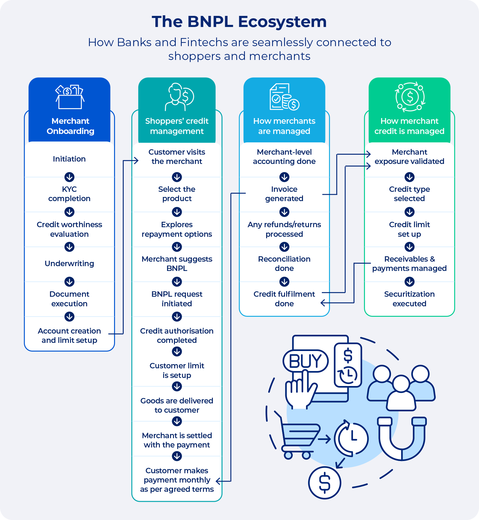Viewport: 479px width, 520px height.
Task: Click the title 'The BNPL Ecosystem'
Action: pyautogui.click(x=239, y=22)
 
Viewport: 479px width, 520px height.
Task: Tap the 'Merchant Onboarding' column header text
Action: pyautogui.click(x=70, y=126)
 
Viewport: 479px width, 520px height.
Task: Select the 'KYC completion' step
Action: pyautogui.click(x=69, y=194)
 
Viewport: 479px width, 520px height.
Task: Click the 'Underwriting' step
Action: pyautogui.click(x=69, y=263)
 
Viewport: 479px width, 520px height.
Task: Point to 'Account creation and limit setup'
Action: pyautogui.click(x=69, y=335)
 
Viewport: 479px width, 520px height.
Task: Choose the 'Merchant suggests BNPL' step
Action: pyautogui.click(x=177, y=263)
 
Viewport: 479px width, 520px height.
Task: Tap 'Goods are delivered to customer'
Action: pyautogui.click(x=177, y=405)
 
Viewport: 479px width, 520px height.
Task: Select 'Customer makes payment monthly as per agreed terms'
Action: pyautogui.click(x=177, y=480)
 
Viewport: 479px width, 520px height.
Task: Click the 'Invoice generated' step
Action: pyautogui.click(x=284, y=194)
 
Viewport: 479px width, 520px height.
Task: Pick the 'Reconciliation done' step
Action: pyautogui.click(x=284, y=263)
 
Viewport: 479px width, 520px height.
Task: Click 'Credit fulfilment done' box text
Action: pyautogui.click(x=284, y=299)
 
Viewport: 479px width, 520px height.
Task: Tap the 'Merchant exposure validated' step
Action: pyautogui.click(x=409, y=156)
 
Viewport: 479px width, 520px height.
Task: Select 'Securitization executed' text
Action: pyautogui.click(x=409, y=299)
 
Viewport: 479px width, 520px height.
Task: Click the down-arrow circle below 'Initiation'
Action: pyautogui.click(x=69, y=177)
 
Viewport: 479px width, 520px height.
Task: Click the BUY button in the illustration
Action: pyautogui.click(x=305, y=361)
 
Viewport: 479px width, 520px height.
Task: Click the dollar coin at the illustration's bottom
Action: pyautogui.click(x=325, y=483)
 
